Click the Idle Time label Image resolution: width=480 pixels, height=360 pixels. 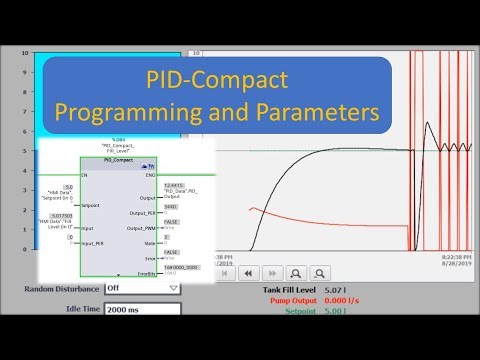76,309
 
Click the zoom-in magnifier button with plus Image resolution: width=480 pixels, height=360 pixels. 296,271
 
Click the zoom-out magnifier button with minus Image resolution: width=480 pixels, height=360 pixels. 320,271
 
